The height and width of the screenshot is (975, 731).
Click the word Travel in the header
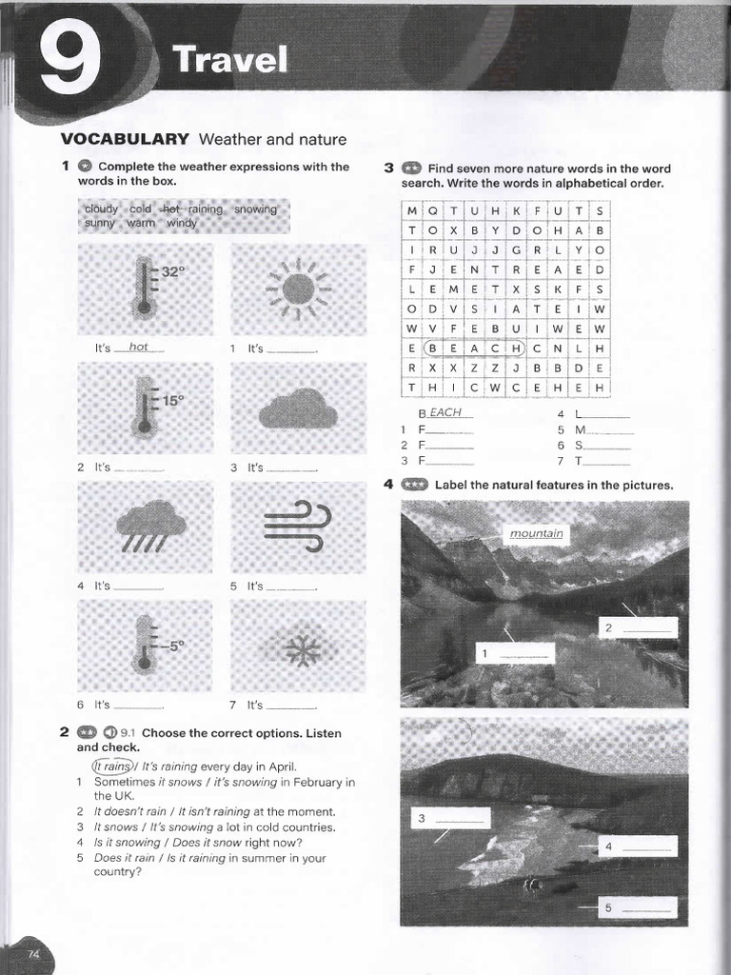(x=229, y=61)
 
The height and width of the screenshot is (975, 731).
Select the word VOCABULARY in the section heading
(x=125, y=139)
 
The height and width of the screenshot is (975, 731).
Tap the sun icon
(x=298, y=288)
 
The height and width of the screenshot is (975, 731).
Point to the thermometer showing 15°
(x=146, y=408)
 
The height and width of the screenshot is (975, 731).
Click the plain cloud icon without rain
(x=298, y=409)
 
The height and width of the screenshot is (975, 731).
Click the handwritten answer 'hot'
(x=139, y=348)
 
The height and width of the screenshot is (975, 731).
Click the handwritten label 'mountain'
(x=536, y=533)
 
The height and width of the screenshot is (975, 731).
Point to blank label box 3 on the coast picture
(x=450, y=818)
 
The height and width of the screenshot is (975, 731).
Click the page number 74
(x=33, y=953)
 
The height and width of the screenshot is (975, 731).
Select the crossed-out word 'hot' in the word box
(x=170, y=209)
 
